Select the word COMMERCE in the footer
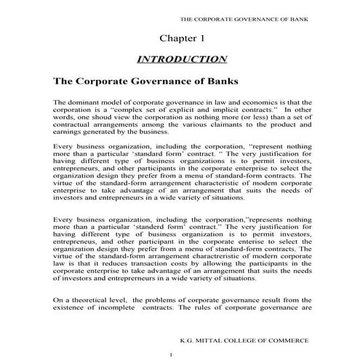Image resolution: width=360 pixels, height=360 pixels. coord(281,339)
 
